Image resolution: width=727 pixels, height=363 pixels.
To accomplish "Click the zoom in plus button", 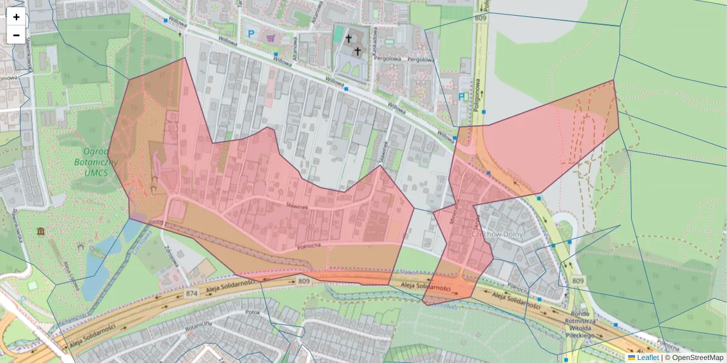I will [x=16, y=17].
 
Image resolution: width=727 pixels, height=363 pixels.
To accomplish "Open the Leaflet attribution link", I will [x=648, y=358].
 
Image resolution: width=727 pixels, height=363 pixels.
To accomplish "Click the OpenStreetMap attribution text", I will [x=697, y=358].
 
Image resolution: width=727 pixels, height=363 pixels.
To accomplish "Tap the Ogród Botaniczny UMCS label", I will [x=91, y=162].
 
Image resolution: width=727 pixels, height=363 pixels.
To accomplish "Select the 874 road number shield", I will [x=192, y=293].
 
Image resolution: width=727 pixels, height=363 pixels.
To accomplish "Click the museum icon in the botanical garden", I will [x=41, y=232].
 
